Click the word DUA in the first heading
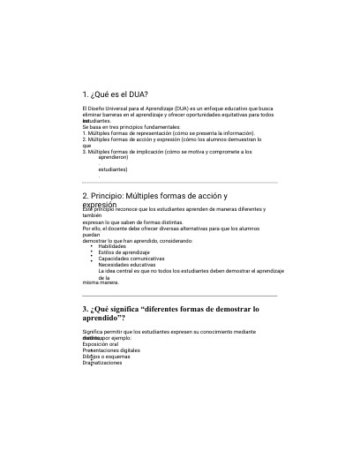(x=137, y=94)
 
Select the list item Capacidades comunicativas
(x=131, y=259)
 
